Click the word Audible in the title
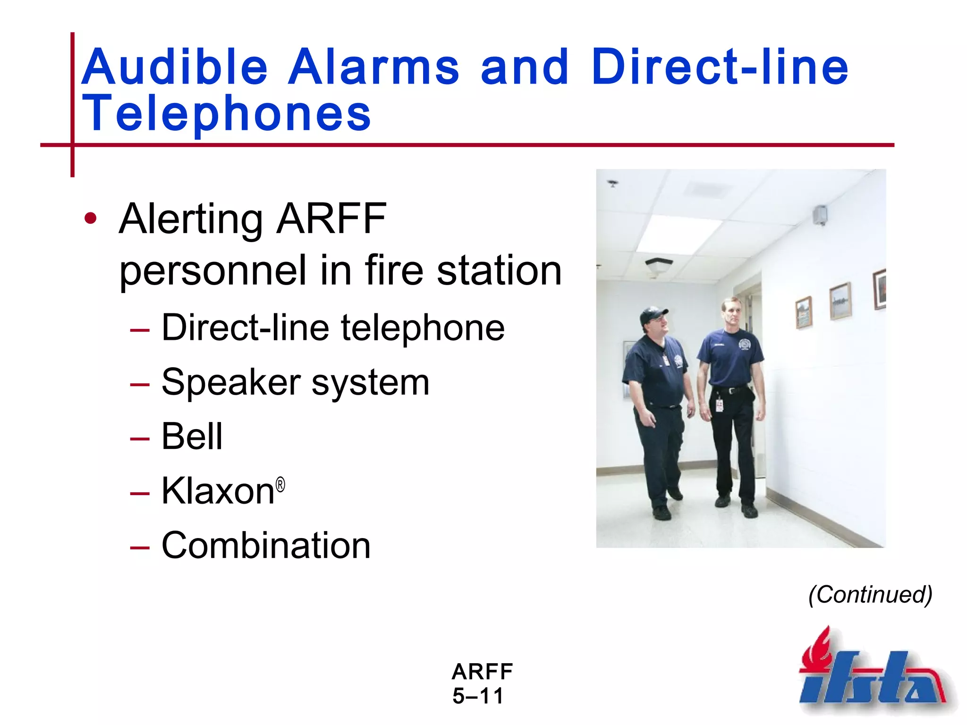[175, 67]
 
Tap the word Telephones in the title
[227, 113]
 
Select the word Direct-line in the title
[720, 67]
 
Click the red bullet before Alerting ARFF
[90, 219]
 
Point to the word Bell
[192, 437]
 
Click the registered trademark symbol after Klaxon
[280, 485]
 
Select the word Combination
[266, 546]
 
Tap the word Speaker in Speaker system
[231, 382]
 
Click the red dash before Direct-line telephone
[140, 330]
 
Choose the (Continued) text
[870, 594]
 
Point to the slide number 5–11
[478, 696]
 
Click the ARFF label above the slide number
[482, 672]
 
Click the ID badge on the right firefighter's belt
[719, 405]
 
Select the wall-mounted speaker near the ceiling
[820, 215]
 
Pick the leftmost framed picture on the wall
[804, 312]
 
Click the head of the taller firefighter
[731, 312]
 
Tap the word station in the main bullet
[499, 271]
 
